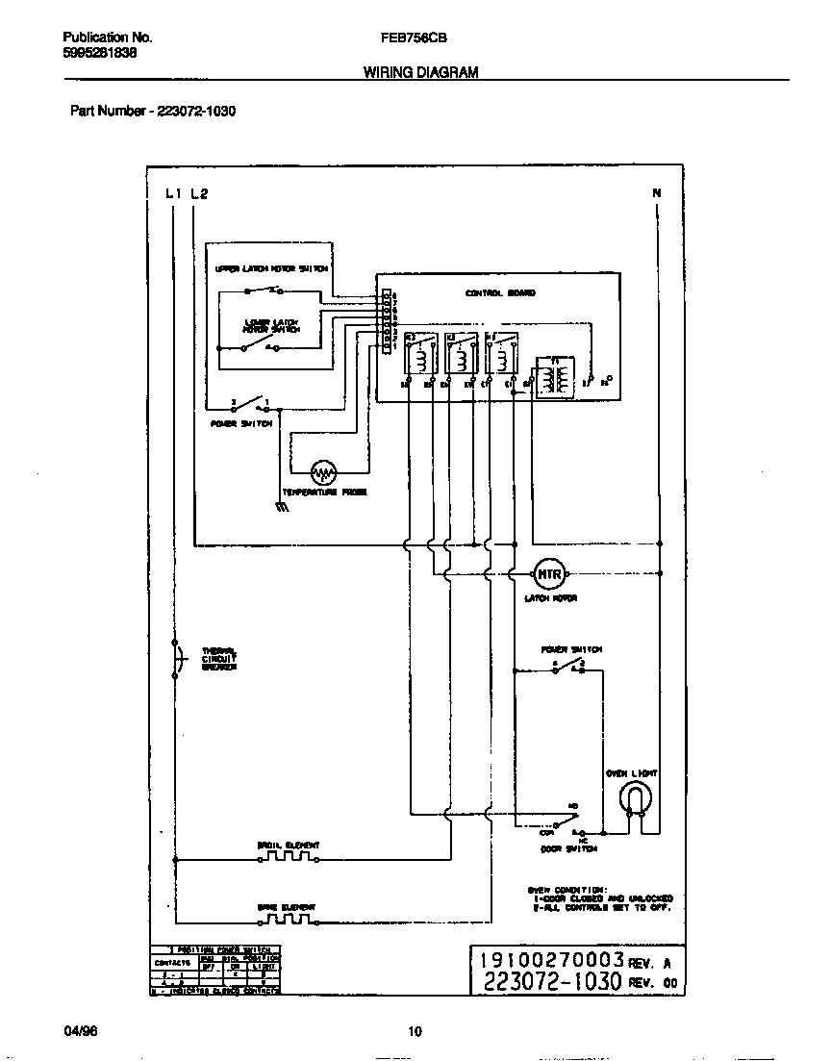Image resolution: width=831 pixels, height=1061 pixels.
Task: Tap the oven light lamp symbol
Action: (x=633, y=797)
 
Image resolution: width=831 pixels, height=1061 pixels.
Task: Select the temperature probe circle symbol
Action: (x=323, y=472)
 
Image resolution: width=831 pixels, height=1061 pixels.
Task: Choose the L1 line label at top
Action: (x=173, y=193)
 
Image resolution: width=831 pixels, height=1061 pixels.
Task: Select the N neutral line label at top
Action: (x=657, y=193)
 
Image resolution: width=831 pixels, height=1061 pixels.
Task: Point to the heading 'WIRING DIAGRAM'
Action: (x=420, y=72)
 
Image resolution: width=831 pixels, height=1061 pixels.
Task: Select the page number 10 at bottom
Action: (x=415, y=1033)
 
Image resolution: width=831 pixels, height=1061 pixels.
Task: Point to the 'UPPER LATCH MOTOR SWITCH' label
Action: (x=272, y=268)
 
